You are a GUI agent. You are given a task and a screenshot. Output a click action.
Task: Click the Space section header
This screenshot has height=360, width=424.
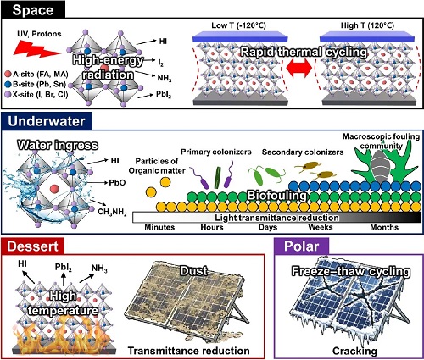pos(33,9)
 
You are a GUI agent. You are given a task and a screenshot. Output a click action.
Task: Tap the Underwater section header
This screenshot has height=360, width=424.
pos(47,121)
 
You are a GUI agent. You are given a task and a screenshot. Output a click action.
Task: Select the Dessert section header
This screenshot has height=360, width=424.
pos(33,246)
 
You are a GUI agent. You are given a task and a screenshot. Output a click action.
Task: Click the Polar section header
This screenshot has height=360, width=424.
pos(302,246)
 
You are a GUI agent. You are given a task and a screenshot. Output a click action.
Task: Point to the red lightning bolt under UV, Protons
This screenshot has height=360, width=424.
pos(36,47)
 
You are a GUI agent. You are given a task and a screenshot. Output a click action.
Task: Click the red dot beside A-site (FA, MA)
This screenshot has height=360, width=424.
pos(8,75)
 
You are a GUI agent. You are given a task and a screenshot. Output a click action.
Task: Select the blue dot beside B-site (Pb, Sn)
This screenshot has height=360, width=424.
pos(8,85)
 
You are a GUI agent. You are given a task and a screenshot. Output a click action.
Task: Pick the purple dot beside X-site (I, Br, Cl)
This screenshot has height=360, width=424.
pos(8,95)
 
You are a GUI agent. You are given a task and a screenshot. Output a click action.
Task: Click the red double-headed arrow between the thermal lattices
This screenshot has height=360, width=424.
pos(299,69)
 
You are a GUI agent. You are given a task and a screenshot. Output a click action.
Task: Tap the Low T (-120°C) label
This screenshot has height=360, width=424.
pos(239,25)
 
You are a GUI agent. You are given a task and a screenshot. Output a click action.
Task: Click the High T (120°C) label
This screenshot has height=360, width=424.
pos(368,25)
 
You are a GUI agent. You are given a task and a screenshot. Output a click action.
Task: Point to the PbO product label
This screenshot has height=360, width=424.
pos(117,183)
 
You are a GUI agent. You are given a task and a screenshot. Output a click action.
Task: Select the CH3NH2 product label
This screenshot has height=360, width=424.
pos(112,212)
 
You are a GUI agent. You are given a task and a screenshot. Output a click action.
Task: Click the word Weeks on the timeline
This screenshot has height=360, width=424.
pos(321,227)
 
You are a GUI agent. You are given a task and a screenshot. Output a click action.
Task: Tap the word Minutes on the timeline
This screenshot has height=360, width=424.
pos(159,227)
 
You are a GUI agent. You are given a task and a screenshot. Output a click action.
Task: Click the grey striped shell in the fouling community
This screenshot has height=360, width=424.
pos(378,167)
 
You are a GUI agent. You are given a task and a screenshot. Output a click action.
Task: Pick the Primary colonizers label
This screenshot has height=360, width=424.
pos(216,152)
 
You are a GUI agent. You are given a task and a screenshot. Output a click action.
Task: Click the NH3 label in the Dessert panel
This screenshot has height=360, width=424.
pos(99,269)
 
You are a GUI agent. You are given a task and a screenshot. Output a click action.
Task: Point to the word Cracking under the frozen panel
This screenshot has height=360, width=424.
pos(354,351)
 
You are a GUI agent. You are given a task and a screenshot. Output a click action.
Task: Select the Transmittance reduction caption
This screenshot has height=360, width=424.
pos(189,351)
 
